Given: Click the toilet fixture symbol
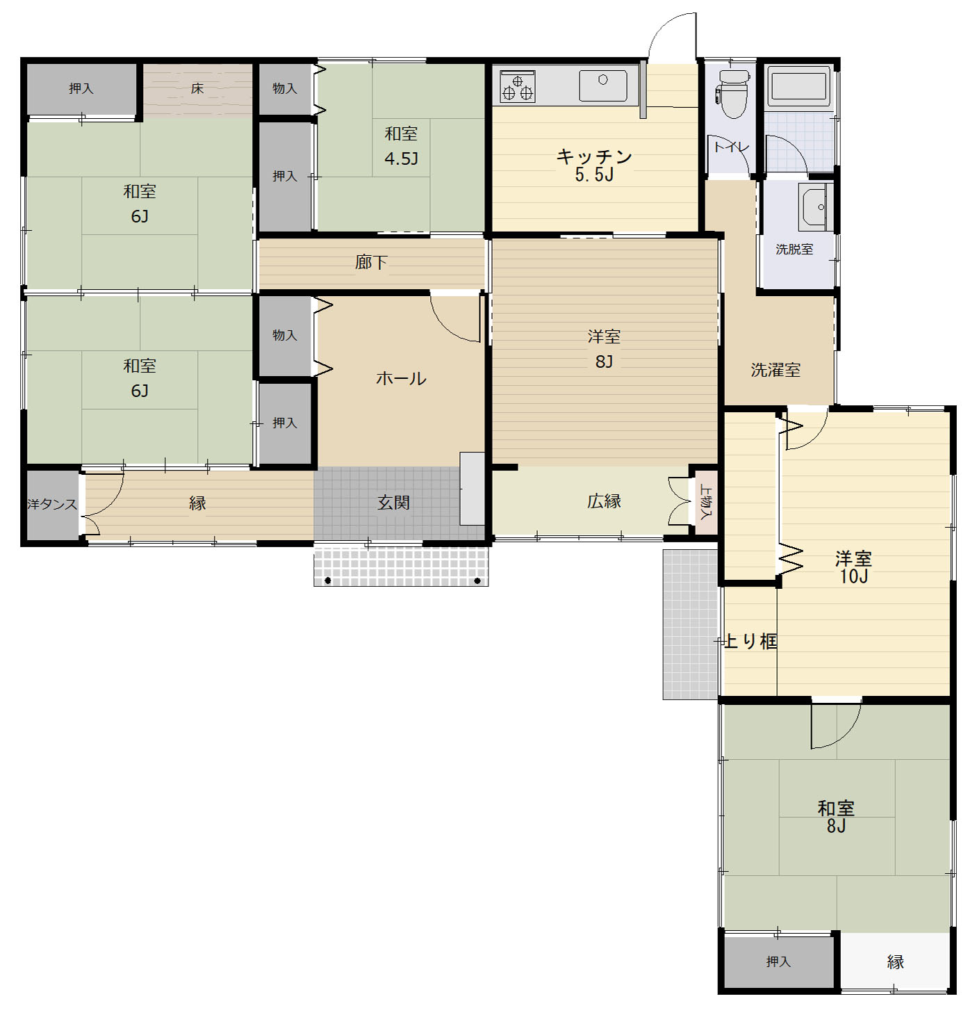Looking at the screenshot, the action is [x=733, y=95].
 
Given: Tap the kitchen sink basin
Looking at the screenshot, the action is [x=602, y=86].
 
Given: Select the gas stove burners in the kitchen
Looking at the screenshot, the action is [x=517, y=87].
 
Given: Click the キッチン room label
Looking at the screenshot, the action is [x=594, y=156].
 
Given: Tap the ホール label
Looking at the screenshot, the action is [x=401, y=378].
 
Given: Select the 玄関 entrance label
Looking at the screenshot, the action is [x=393, y=503].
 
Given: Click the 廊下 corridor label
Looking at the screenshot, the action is [x=371, y=262].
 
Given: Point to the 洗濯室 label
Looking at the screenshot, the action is [x=775, y=370].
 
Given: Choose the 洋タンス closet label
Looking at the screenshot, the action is [x=52, y=504].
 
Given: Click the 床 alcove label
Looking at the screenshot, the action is [x=197, y=89].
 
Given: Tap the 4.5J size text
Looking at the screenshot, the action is [x=401, y=158].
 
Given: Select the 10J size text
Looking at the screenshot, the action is [x=853, y=576].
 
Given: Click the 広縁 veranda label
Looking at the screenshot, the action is [x=604, y=501].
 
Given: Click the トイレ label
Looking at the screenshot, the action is [x=731, y=147].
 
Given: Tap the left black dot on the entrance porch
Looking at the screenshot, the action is [x=328, y=580].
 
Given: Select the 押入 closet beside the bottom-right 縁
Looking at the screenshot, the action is [x=778, y=961].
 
